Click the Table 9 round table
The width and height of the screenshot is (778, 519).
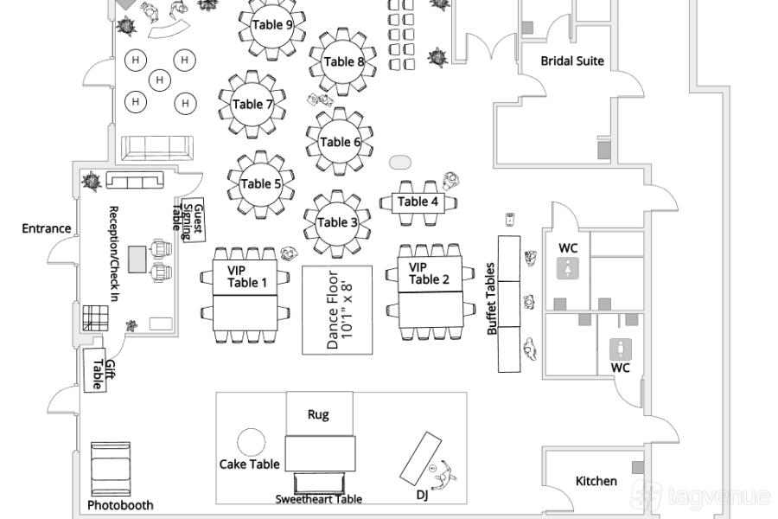point(273,25)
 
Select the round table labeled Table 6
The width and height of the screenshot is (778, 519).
point(341,142)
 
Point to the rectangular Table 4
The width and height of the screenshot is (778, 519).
point(418,202)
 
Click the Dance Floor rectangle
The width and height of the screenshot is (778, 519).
point(337,310)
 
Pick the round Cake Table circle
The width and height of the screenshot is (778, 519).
point(251,442)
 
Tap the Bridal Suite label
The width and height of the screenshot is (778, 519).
point(572,61)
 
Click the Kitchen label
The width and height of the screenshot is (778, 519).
point(596,481)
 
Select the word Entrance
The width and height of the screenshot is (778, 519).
point(47,228)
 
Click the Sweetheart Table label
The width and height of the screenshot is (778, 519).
point(319,499)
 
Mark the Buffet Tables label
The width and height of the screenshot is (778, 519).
point(492,299)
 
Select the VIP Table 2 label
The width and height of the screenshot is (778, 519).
point(430,273)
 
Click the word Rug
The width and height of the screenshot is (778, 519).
point(318,414)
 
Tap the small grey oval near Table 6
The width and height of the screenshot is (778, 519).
point(400,162)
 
